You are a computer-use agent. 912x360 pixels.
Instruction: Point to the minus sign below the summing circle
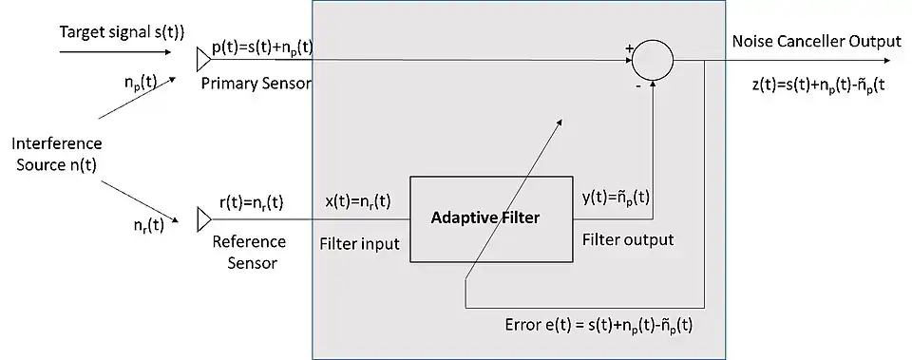pos(638,86)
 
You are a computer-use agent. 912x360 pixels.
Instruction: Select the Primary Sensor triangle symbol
pos(203,60)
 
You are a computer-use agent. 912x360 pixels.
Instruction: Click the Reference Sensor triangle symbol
pos(204,219)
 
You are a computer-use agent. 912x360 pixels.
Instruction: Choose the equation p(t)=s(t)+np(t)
pos(262,48)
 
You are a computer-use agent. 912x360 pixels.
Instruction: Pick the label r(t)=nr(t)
pos(251,203)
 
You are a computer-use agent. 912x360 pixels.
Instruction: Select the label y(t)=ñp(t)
pos(616,199)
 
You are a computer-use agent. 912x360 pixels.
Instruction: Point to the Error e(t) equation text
pos(599,325)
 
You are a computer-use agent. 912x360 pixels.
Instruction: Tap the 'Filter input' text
pos(359,244)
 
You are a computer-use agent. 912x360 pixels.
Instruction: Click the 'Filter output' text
pos(628,239)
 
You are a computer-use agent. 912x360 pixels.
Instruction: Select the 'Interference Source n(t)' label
pos(56,154)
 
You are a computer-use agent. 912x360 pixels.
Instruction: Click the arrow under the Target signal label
pos(115,52)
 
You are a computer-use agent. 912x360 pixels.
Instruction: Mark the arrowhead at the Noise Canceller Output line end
pos(884,60)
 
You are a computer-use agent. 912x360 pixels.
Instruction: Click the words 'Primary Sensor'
pos(256,84)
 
